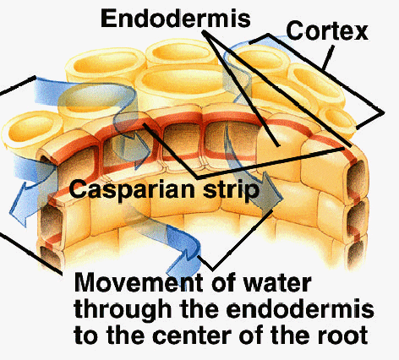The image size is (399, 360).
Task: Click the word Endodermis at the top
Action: click(176, 19)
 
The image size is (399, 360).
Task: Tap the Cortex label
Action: click(327, 31)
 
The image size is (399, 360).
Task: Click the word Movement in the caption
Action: click(139, 282)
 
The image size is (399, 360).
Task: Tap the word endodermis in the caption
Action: click(300, 309)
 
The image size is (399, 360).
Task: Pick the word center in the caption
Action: click(192, 335)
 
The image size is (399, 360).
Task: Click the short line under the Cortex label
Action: click(328, 57)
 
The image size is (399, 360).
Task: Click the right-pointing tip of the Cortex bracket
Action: click(384, 113)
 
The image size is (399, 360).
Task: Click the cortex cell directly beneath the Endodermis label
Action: click(180, 53)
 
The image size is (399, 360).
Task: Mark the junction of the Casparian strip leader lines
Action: click(197, 177)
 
